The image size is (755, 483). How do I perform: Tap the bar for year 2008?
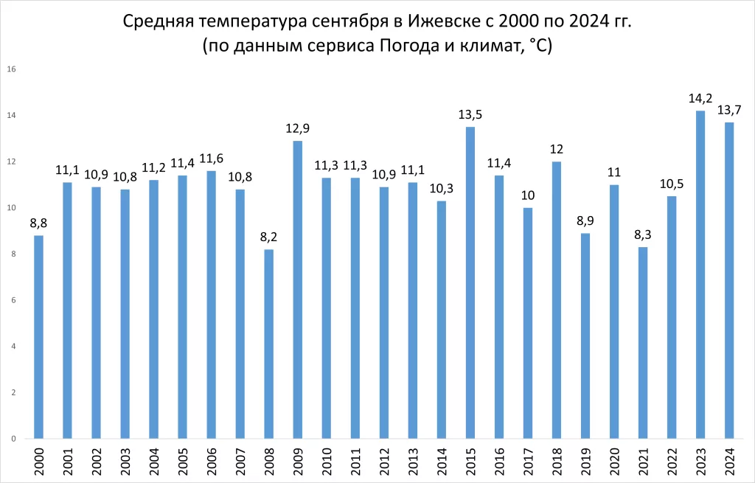pos(268,344)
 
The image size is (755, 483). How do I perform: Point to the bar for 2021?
pos(643,343)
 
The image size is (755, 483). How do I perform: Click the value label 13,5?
pos(470,114)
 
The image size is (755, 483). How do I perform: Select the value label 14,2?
pos(700,98)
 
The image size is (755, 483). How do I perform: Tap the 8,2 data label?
pos(268,237)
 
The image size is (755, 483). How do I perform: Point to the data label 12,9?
pos(297,128)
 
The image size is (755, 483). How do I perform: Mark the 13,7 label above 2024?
pos(729,110)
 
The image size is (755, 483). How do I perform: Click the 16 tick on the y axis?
pos(12,69)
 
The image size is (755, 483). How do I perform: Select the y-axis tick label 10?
pos(12,208)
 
